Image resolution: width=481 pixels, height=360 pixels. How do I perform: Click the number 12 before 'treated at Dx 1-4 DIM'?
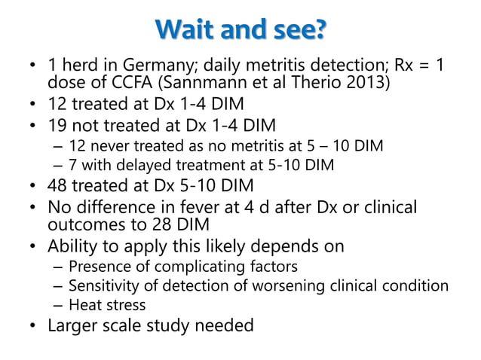pyautogui.click(x=59, y=102)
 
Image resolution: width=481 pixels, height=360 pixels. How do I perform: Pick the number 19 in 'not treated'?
pyautogui.click(x=59, y=124)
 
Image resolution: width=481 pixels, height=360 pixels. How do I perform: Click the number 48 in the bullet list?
pyautogui.click(x=59, y=185)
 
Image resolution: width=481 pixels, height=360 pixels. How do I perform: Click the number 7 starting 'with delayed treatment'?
pyautogui.click(x=72, y=163)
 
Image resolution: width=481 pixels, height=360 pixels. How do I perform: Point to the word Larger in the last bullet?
pyautogui.click(x=73, y=326)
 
